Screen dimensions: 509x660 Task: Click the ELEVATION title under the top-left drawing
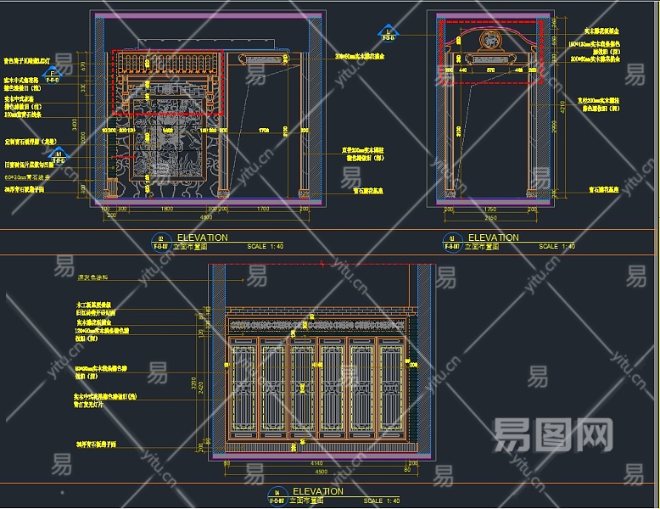(x=201, y=238)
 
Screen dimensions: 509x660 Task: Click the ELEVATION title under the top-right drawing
(x=493, y=238)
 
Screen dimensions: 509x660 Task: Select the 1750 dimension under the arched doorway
(x=489, y=209)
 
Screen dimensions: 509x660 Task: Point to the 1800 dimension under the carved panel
(x=167, y=209)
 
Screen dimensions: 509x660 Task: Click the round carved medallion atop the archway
(x=490, y=40)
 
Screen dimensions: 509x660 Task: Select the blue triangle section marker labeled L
(x=389, y=31)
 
